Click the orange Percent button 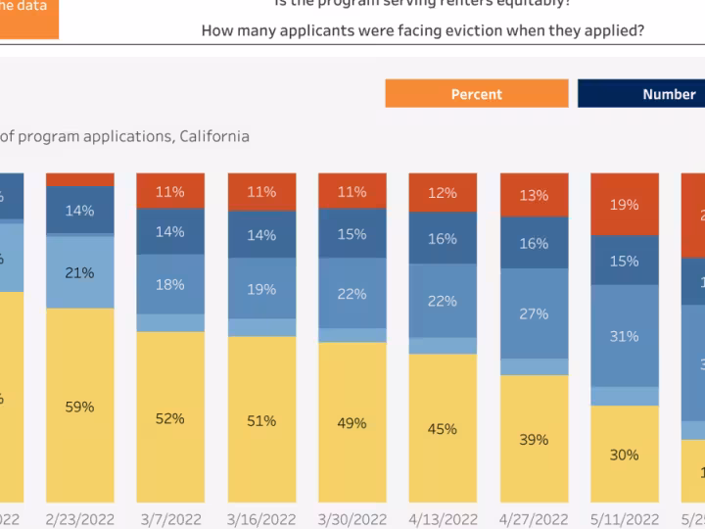[476, 94]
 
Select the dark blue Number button [641, 94]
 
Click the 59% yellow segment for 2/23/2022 [79, 406]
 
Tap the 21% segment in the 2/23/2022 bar [79, 272]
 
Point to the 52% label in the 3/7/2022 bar [169, 418]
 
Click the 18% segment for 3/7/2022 [169, 284]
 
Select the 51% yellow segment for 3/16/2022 [261, 420]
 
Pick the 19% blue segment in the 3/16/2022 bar [261, 289]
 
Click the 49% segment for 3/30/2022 [352, 423]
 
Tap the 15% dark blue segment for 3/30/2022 [352, 234]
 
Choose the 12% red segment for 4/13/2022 [442, 193]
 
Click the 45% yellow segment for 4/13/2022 [442, 428]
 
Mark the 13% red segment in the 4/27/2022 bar [534, 195]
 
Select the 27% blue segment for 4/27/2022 [534, 313]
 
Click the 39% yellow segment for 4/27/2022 [534, 440]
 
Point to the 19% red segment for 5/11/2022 [624, 204]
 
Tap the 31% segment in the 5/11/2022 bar [624, 336]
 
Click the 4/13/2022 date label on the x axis [442, 519]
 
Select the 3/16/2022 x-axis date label [261, 519]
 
